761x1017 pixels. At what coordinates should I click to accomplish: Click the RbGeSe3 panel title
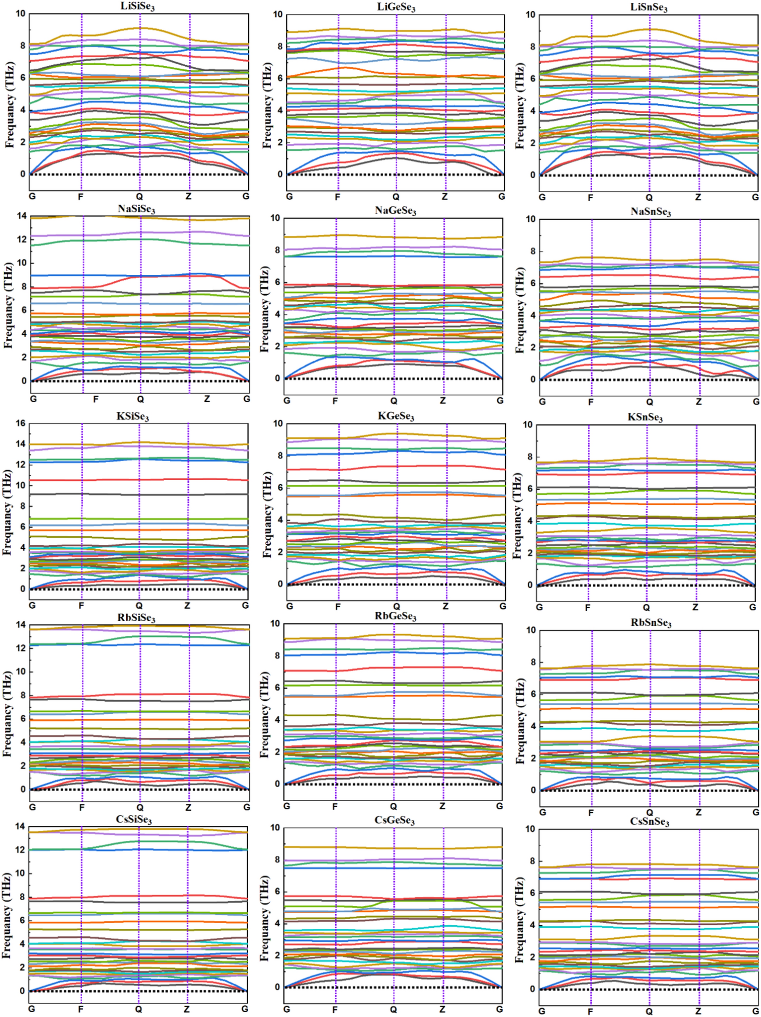(x=395, y=616)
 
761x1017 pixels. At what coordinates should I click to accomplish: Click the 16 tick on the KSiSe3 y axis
(x=21, y=423)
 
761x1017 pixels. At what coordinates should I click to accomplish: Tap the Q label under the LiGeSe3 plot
(x=396, y=197)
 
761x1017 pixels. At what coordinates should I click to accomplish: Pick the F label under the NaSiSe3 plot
(x=96, y=399)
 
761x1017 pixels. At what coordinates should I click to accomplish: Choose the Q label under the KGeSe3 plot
(x=396, y=606)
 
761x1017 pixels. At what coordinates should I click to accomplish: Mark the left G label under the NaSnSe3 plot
(x=543, y=401)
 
